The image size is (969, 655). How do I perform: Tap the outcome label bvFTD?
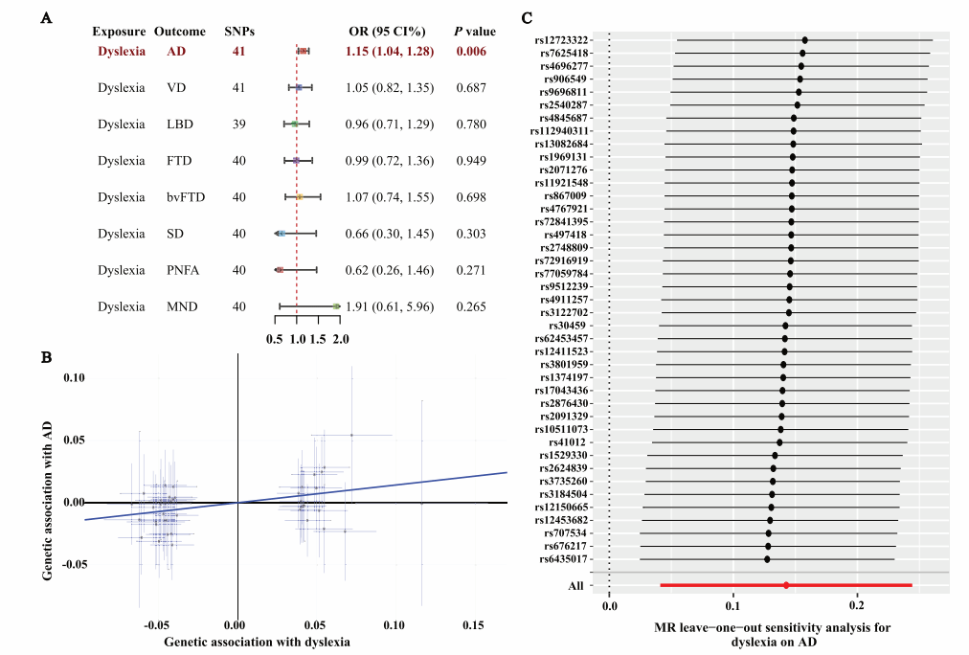coord(185,197)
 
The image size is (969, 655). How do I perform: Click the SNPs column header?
coord(238,33)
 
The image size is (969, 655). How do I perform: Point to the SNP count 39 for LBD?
coord(238,124)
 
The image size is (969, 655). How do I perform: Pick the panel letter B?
coord(45,356)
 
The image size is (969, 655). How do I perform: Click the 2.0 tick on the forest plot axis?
coord(340,339)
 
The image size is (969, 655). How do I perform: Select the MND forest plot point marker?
coord(336,306)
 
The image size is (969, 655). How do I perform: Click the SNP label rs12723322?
coord(562,40)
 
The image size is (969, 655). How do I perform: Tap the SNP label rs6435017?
coord(564,558)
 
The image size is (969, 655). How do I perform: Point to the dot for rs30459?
coord(785,326)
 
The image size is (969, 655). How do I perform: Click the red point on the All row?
coord(786,584)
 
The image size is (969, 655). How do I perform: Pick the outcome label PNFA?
coord(182,270)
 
